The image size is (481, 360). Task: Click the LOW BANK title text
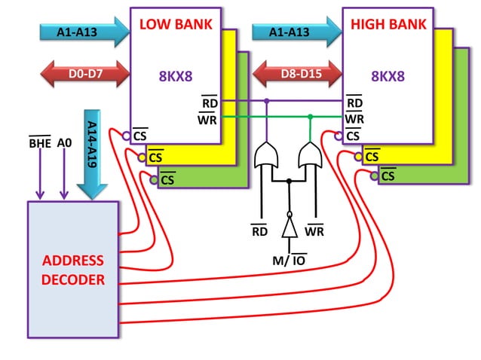tap(176, 24)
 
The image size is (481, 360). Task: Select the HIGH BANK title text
tap(388, 24)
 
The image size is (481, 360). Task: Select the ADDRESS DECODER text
tap(73, 270)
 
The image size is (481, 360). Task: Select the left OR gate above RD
tap(266, 156)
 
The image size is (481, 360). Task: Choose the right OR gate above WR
tap(309, 156)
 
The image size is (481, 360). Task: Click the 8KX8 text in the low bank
tap(176, 76)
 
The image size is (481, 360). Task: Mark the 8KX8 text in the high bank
tap(388, 76)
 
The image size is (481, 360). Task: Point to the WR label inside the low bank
tap(207, 118)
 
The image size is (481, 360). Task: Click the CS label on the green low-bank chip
tap(167, 179)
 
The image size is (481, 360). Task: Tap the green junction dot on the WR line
tap(310, 116)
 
